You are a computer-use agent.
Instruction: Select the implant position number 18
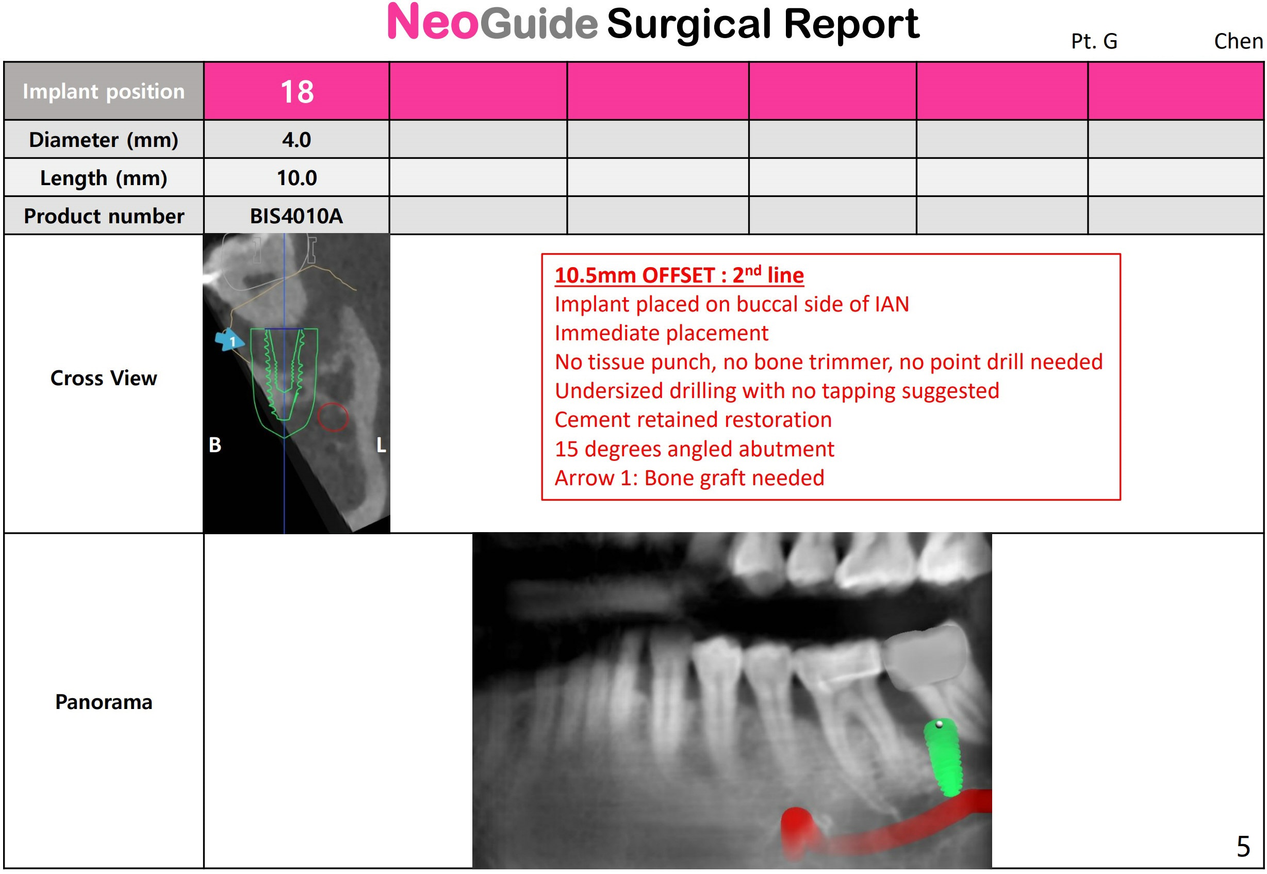coord(297,91)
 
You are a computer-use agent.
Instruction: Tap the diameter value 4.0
coord(296,140)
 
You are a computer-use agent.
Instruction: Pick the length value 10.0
coord(296,178)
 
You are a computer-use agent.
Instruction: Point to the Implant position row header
coord(104,91)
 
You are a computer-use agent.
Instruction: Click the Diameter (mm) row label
coord(104,140)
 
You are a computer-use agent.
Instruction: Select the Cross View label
coord(104,378)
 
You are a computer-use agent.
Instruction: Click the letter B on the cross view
coord(215,444)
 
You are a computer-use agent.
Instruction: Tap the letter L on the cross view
coord(381,444)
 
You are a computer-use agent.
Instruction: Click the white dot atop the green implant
coord(940,724)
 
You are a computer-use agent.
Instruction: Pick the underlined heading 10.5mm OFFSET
coord(679,275)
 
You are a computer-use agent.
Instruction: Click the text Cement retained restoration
coord(693,420)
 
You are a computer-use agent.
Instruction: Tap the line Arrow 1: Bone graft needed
coord(689,478)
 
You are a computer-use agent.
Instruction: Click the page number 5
coord(1243,847)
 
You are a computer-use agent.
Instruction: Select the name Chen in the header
coord(1239,41)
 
